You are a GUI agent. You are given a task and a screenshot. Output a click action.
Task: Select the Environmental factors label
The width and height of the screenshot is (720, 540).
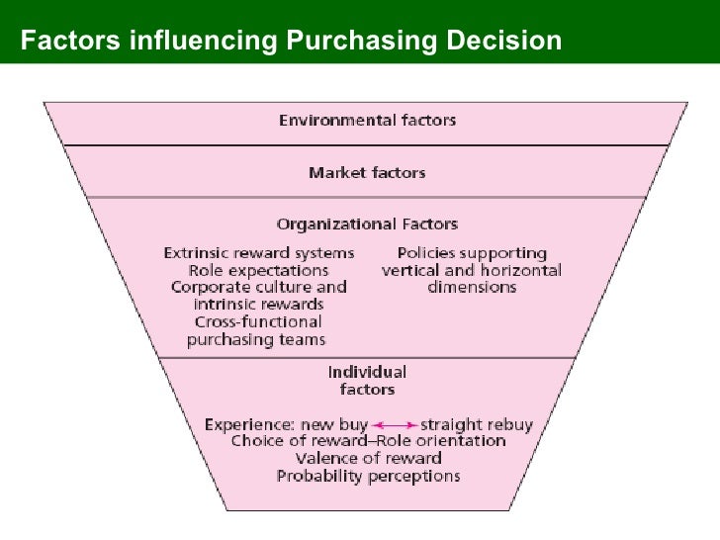coord(367,121)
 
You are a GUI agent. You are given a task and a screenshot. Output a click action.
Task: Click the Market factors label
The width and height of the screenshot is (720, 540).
coord(367,173)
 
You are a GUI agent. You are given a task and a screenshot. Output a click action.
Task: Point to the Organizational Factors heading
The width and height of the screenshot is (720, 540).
coord(367,225)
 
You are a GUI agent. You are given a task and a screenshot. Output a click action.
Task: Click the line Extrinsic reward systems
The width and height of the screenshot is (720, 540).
coord(258,252)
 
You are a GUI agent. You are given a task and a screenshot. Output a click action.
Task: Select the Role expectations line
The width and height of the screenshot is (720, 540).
coord(258,269)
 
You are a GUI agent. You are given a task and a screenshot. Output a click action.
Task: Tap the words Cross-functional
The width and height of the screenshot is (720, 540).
coord(258,322)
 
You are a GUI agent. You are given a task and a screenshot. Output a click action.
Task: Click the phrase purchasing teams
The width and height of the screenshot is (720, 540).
coord(258,339)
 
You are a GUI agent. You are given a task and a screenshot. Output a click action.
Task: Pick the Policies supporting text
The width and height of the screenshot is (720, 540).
coord(472,252)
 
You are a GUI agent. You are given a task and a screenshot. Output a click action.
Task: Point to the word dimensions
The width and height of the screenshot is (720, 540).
coord(472,287)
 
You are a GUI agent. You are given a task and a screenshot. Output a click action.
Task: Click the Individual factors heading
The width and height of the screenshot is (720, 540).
coord(367,381)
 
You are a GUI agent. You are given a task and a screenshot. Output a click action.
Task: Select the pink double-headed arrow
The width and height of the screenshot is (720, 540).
coord(395,425)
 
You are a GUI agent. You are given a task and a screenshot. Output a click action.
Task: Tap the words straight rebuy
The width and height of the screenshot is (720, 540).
coord(477,425)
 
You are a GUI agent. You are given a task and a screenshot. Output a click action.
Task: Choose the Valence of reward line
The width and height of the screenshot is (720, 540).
coord(368,459)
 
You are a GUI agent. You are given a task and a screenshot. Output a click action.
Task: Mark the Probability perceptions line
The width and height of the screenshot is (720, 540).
coord(368,476)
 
